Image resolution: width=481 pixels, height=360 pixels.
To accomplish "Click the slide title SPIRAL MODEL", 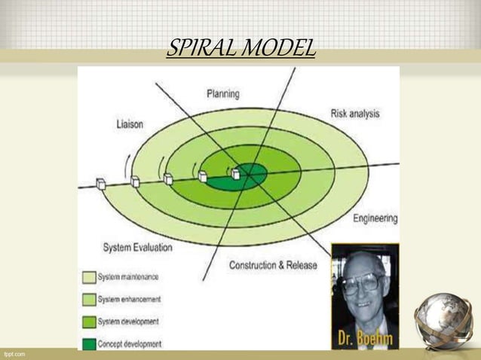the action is (240, 50).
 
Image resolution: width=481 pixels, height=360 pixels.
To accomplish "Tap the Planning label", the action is (223, 94).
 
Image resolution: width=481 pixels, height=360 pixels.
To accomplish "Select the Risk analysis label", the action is (354, 114).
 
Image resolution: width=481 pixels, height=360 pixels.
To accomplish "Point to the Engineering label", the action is (375, 218).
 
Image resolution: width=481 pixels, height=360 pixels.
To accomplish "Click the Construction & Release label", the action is (273, 265).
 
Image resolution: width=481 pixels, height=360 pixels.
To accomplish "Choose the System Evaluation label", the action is (137, 247).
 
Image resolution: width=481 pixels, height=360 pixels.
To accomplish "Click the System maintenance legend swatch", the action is (88, 276).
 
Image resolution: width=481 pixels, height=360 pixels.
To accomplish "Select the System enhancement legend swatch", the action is (88, 299).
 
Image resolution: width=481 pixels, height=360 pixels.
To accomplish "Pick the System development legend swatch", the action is (88, 322).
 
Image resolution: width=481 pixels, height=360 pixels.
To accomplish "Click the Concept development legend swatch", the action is (88, 344).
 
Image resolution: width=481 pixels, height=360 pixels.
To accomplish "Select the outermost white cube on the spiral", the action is (101, 183).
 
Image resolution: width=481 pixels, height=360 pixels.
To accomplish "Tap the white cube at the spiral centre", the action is (235, 173).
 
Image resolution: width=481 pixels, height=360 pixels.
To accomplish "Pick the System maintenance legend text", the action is (128, 276).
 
